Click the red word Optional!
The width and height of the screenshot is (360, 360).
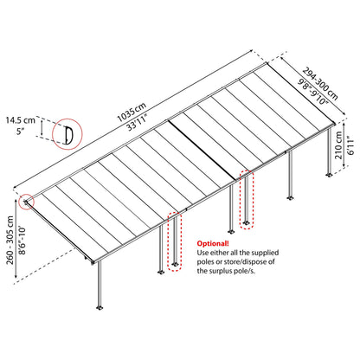click(x=213, y=243)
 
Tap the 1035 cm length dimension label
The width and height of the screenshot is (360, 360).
click(x=132, y=112)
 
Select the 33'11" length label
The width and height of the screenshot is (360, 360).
click(x=138, y=122)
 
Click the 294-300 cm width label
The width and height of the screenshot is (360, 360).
click(x=319, y=84)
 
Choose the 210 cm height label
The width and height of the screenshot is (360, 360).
click(x=338, y=145)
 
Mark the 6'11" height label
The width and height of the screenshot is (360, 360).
click(x=350, y=145)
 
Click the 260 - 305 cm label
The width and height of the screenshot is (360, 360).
click(x=10, y=240)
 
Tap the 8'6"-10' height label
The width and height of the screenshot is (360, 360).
click(x=22, y=241)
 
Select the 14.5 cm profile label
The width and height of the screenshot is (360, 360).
click(x=21, y=119)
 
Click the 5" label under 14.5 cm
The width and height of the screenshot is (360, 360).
click(x=21, y=132)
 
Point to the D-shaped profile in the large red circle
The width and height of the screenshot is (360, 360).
click(x=68, y=135)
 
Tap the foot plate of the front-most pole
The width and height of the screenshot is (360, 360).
click(x=100, y=307)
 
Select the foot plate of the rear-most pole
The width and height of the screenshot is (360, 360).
click(x=329, y=175)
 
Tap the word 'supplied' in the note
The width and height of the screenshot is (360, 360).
click(x=265, y=253)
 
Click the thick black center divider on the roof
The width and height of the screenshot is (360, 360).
click(x=202, y=149)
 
